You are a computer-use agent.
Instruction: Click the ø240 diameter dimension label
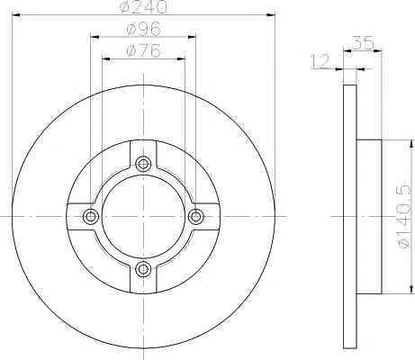143,7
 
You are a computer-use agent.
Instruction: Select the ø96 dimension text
144,29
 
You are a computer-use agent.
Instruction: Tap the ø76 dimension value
144,50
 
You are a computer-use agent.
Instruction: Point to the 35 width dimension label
363,42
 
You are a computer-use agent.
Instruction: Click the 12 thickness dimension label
320,62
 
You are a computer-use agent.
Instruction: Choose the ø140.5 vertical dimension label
403,215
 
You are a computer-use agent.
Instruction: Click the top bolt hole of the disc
143,164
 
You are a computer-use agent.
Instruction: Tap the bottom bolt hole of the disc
143,269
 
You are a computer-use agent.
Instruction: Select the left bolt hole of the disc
91,216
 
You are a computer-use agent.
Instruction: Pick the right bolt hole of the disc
196,216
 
